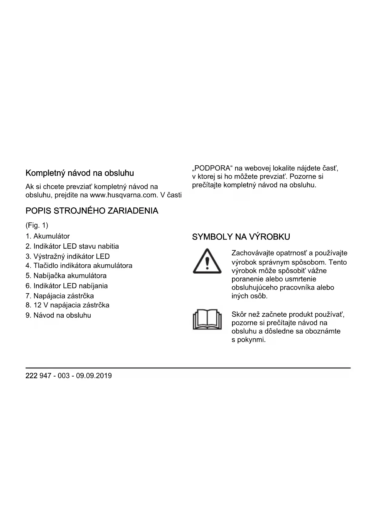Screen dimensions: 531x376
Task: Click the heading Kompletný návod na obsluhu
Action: (80, 173)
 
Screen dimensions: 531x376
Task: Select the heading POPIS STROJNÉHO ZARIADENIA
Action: (92, 211)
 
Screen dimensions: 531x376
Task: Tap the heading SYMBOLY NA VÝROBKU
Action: (241, 237)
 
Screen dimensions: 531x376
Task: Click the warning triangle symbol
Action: (207, 262)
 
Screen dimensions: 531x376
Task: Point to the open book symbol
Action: (207, 319)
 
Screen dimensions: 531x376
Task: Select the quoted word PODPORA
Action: (212, 168)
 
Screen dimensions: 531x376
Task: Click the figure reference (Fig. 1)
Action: (37, 225)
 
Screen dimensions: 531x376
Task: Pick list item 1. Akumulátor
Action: (48, 236)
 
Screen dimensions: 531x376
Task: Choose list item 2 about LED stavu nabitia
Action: (72, 246)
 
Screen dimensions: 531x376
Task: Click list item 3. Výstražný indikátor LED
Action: (68, 256)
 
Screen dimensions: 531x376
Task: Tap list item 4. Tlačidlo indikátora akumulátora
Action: (79, 265)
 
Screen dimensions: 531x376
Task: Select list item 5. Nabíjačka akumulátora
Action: (66, 275)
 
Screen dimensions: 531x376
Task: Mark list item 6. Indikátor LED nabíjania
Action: (67, 286)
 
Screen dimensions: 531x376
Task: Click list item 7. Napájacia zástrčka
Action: (60, 296)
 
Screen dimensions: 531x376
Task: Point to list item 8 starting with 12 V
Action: (67, 305)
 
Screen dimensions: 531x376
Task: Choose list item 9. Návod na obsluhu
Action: (58, 315)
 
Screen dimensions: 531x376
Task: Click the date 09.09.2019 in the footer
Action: (94, 376)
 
